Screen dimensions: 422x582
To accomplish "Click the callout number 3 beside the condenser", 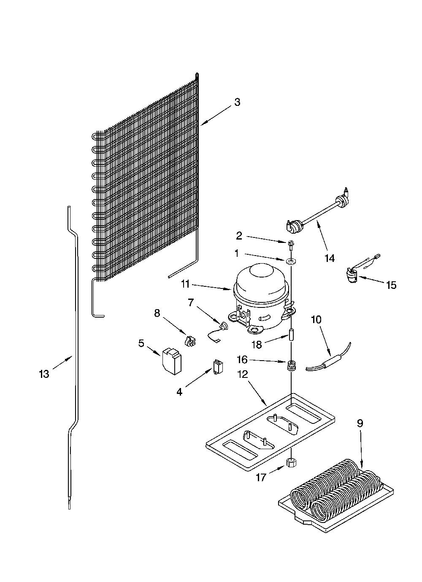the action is [237, 102].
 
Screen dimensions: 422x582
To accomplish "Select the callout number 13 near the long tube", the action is [44, 374].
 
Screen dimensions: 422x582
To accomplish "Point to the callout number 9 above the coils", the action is [360, 423].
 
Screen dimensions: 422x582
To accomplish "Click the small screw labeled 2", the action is [290, 244].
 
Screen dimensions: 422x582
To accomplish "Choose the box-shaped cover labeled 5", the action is [172, 361].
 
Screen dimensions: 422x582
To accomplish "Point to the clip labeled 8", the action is [190, 341].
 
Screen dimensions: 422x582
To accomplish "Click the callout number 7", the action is [191, 302].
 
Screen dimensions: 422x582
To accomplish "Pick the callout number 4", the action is [179, 391].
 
